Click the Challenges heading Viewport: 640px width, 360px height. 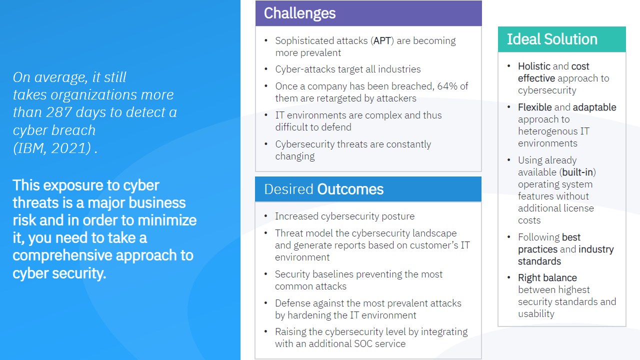click(299, 13)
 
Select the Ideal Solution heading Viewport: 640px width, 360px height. click(552, 39)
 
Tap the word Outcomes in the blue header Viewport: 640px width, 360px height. click(350, 189)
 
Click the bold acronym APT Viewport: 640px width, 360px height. click(382, 41)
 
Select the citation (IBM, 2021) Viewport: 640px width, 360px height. click(52, 148)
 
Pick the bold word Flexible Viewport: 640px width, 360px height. click(534, 107)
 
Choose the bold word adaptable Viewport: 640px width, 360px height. click(594, 107)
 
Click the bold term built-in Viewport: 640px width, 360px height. click(577, 172)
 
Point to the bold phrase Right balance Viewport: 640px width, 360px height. click(547, 278)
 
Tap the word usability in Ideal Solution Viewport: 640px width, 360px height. click(536, 314)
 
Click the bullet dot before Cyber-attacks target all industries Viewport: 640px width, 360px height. click(266, 69)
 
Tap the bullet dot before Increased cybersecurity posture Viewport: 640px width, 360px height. click(266, 216)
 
